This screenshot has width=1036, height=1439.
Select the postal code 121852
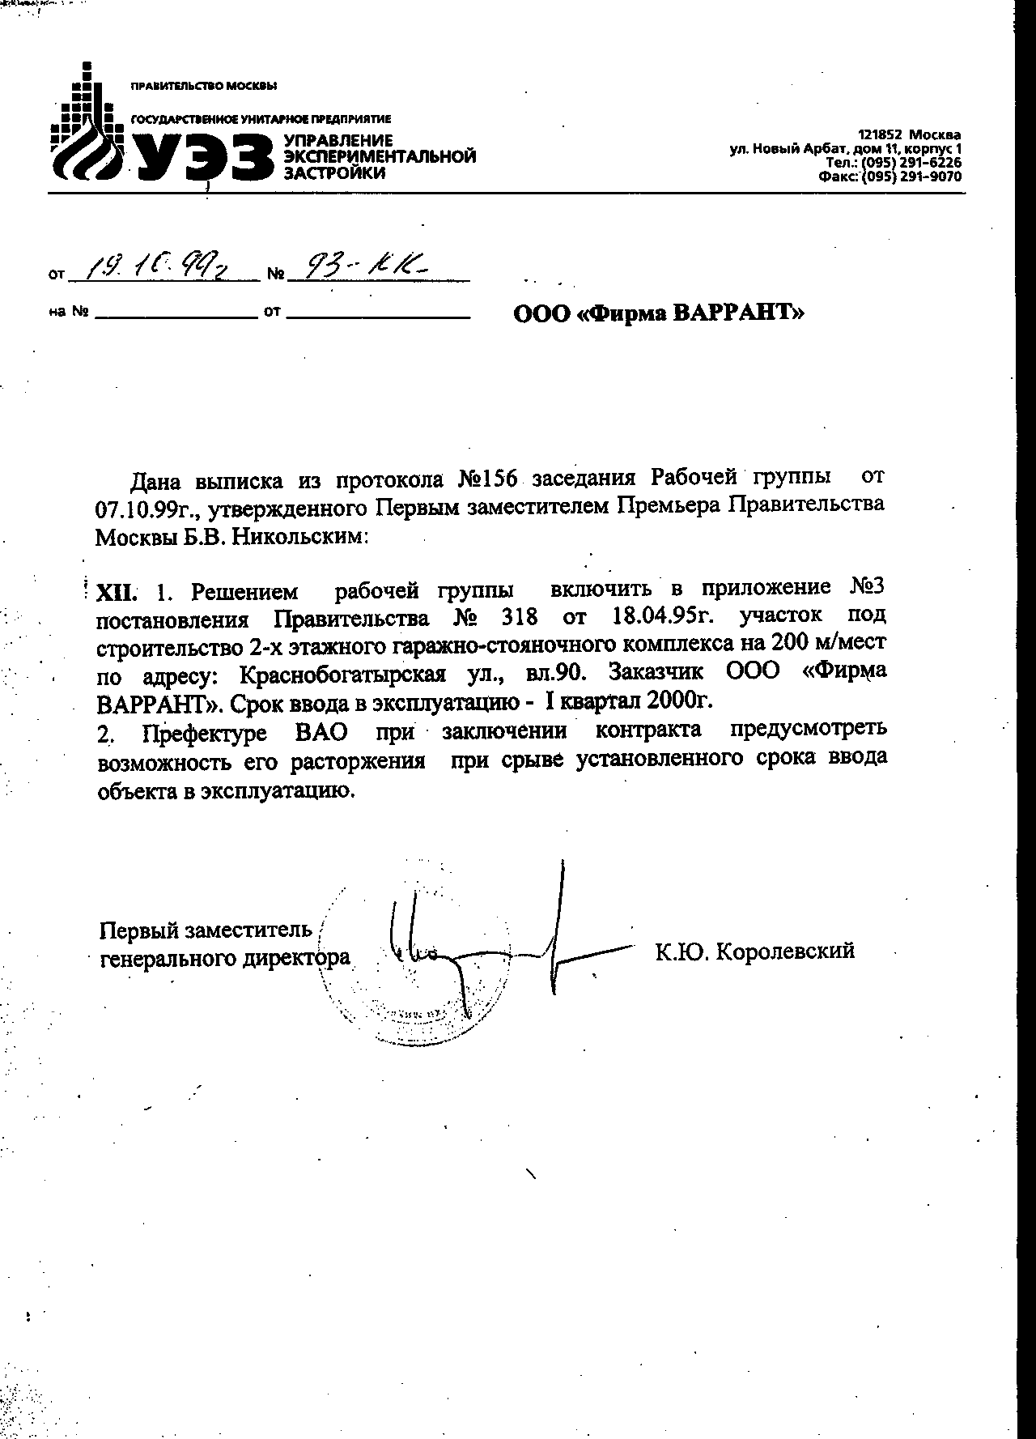pyautogui.click(x=881, y=134)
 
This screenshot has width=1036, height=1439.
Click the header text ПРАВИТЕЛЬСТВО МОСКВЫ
pyautogui.click(x=203, y=86)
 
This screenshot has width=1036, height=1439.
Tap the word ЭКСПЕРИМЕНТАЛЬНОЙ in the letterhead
pyautogui.click(x=379, y=156)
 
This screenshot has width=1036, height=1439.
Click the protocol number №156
pyautogui.click(x=487, y=479)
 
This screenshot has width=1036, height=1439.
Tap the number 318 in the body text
pyautogui.click(x=519, y=618)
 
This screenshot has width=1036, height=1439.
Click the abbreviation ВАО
pyautogui.click(x=321, y=732)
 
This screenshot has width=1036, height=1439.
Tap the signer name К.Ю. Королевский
pyautogui.click(x=754, y=951)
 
